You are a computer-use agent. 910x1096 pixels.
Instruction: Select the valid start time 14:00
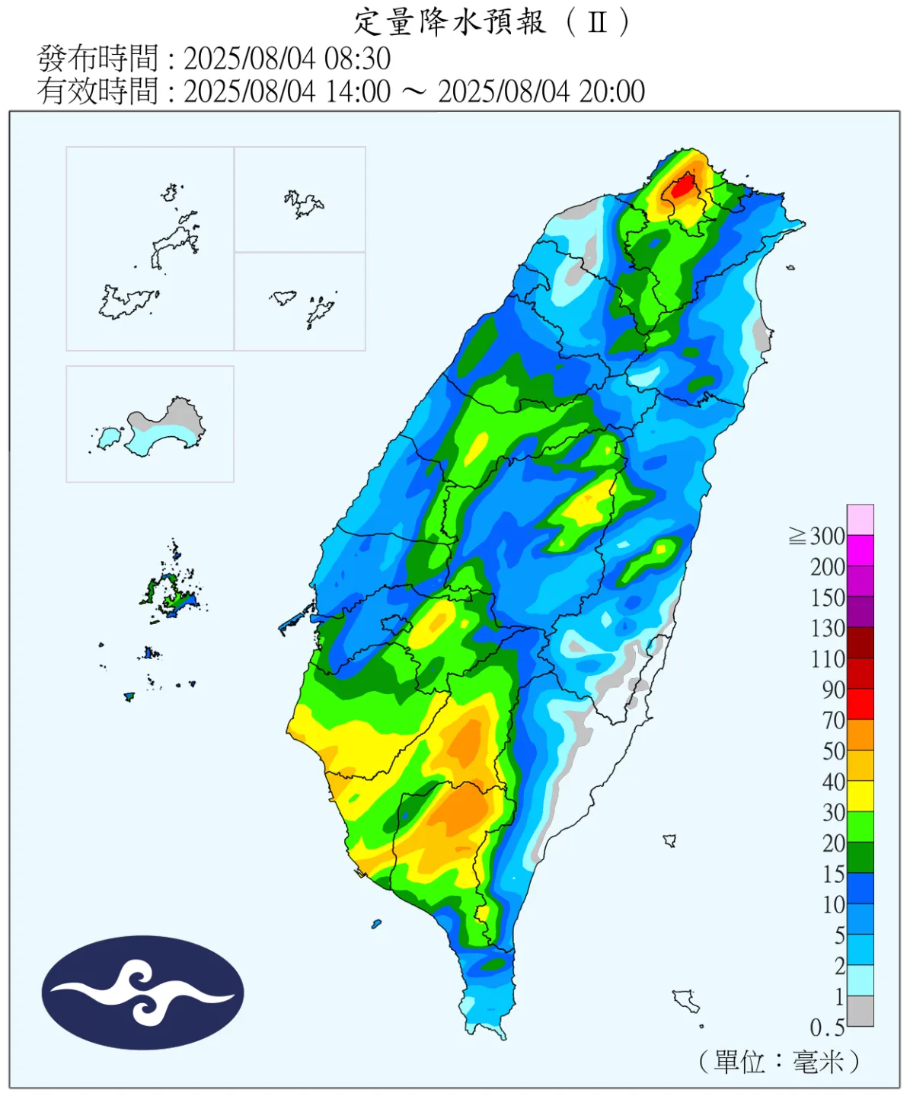tap(357, 91)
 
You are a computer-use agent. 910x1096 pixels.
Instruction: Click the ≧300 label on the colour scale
tap(818, 537)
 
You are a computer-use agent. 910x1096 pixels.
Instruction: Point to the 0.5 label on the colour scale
tap(827, 1028)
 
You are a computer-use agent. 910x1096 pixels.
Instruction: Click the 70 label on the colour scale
tap(833, 720)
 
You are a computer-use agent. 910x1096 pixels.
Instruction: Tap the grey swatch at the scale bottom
tap(861, 1012)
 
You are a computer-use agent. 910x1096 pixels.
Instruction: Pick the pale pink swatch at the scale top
tap(861, 520)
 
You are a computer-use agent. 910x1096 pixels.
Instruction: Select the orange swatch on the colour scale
tap(861, 735)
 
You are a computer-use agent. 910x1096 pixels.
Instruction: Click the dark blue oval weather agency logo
tap(142, 992)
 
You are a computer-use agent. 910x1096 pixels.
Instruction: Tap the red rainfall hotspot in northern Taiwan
tap(683, 186)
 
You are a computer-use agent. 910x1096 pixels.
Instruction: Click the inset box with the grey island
tap(150, 424)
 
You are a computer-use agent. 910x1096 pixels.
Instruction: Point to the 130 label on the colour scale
tap(828, 629)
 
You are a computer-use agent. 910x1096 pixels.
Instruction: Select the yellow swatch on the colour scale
tap(861, 796)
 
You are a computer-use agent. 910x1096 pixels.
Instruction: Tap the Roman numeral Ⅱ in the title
tap(598, 22)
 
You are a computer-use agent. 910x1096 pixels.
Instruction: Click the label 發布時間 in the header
tap(97, 59)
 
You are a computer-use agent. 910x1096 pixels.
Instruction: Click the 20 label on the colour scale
tap(833, 843)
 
